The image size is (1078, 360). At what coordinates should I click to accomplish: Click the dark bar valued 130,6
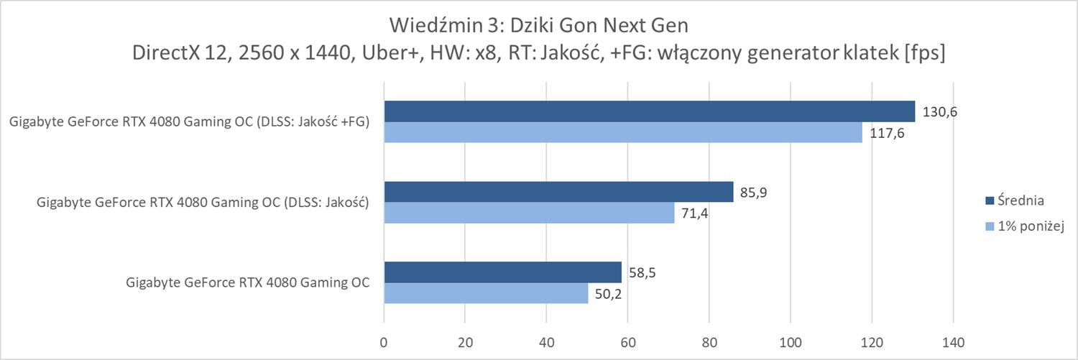(649, 111)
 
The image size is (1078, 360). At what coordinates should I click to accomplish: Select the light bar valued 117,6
(622, 132)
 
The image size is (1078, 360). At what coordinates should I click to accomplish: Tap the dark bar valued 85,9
(558, 192)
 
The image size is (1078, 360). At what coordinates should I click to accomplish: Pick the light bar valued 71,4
(529, 213)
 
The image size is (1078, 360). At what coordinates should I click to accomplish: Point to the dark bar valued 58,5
(502, 272)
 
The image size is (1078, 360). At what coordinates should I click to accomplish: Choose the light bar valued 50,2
(486, 293)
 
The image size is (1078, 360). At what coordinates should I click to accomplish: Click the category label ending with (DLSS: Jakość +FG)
(190, 122)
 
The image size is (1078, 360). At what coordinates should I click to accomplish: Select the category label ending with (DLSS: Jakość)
(203, 203)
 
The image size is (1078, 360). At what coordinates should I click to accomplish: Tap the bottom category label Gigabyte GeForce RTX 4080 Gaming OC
(248, 282)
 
